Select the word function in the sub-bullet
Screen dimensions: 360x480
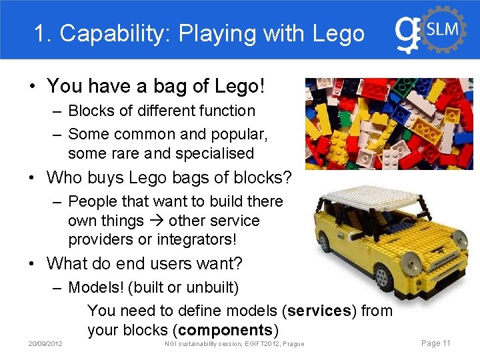[x=223, y=111]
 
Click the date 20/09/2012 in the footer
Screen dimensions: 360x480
[x=45, y=344]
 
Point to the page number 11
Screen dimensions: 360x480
[x=446, y=343]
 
